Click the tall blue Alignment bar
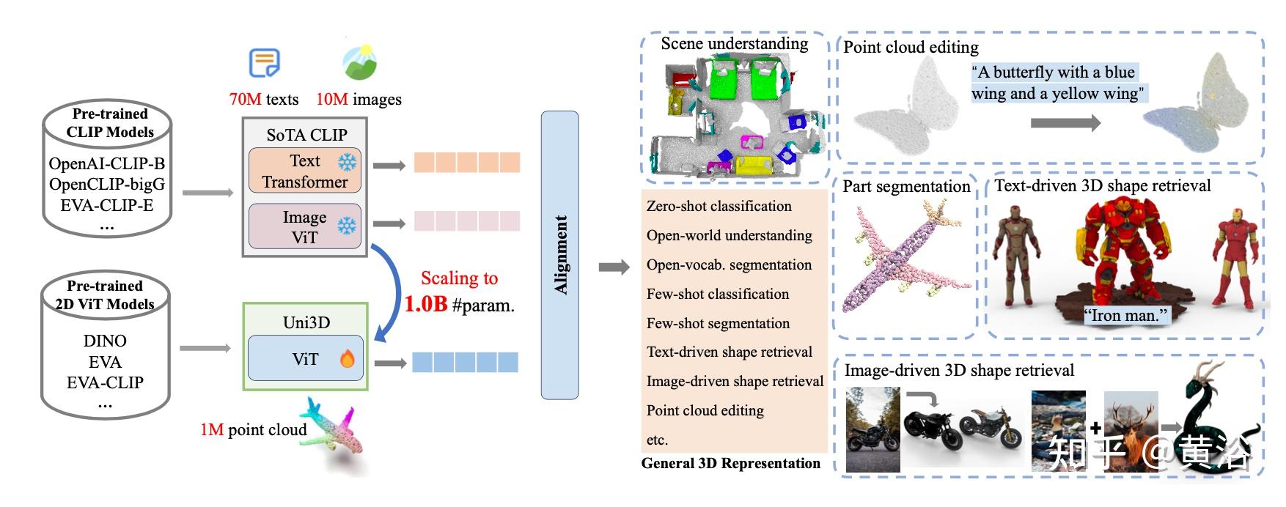pyautogui.click(x=559, y=255)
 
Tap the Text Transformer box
pyautogui.click(x=304, y=171)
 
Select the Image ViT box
pyautogui.click(x=304, y=227)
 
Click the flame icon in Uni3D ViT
pyautogui.click(x=347, y=358)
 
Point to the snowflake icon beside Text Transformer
pyautogui.click(x=347, y=162)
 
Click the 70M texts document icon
pyautogui.click(x=264, y=63)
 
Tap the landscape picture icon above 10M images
pyautogui.click(x=360, y=63)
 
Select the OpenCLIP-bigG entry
pyautogui.click(x=107, y=184)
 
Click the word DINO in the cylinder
pyautogui.click(x=105, y=341)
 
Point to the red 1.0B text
pyautogui.click(x=425, y=304)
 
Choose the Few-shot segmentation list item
pyautogui.click(x=718, y=323)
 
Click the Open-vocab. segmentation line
pyautogui.click(x=729, y=264)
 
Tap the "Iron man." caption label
pyautogui.click(x=1125, y=316)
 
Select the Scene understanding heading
pyautogui.click(x=734, y=44)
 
